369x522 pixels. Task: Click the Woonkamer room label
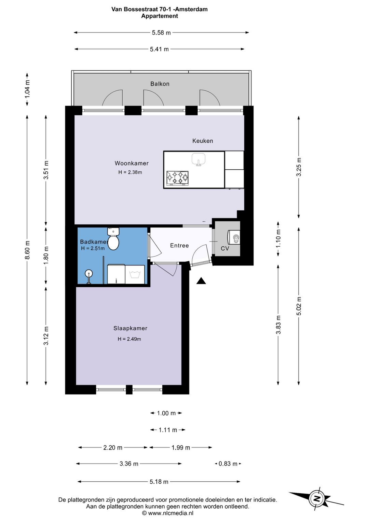pos(131,163)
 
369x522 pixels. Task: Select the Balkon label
pos(160,84)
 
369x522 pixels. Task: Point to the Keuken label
pos(203,141)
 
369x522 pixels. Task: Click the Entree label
pos(179,245)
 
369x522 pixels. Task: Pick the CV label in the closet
pos(225,248)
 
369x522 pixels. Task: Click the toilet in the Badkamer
pos(113,239)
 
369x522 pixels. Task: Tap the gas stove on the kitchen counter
pos(177,178)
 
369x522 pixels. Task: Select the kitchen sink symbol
pos(199,160)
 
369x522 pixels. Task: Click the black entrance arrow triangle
pos(201,281)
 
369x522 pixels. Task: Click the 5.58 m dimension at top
pos(161,32)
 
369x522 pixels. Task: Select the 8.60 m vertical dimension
pos(27,250)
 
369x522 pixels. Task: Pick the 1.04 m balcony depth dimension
pos(27,89)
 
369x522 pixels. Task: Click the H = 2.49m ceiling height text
pos(129,339)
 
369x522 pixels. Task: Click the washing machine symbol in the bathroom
pos(135,274)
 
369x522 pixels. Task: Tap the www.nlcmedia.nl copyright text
pos(168,513)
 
